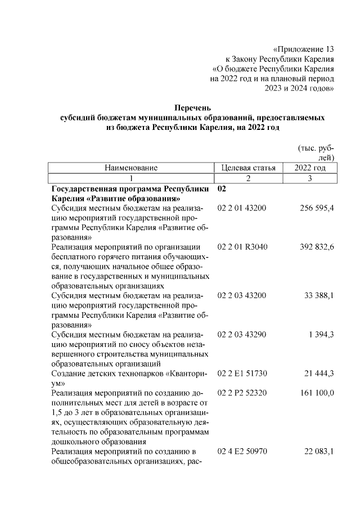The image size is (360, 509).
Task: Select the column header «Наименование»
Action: point(130,168)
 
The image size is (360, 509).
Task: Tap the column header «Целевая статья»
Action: point(249,168)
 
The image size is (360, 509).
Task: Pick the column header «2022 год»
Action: point(310,168)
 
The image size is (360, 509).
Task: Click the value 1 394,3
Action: point(321,334)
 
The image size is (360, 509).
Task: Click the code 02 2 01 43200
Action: point(242,208)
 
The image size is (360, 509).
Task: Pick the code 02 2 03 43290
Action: point(242,334)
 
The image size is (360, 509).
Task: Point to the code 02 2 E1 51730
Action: point(242,373)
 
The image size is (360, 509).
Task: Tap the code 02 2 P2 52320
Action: point(242,393)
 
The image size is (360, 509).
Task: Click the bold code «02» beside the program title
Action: point(222,188)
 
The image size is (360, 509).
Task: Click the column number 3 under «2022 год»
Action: point(310,178)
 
